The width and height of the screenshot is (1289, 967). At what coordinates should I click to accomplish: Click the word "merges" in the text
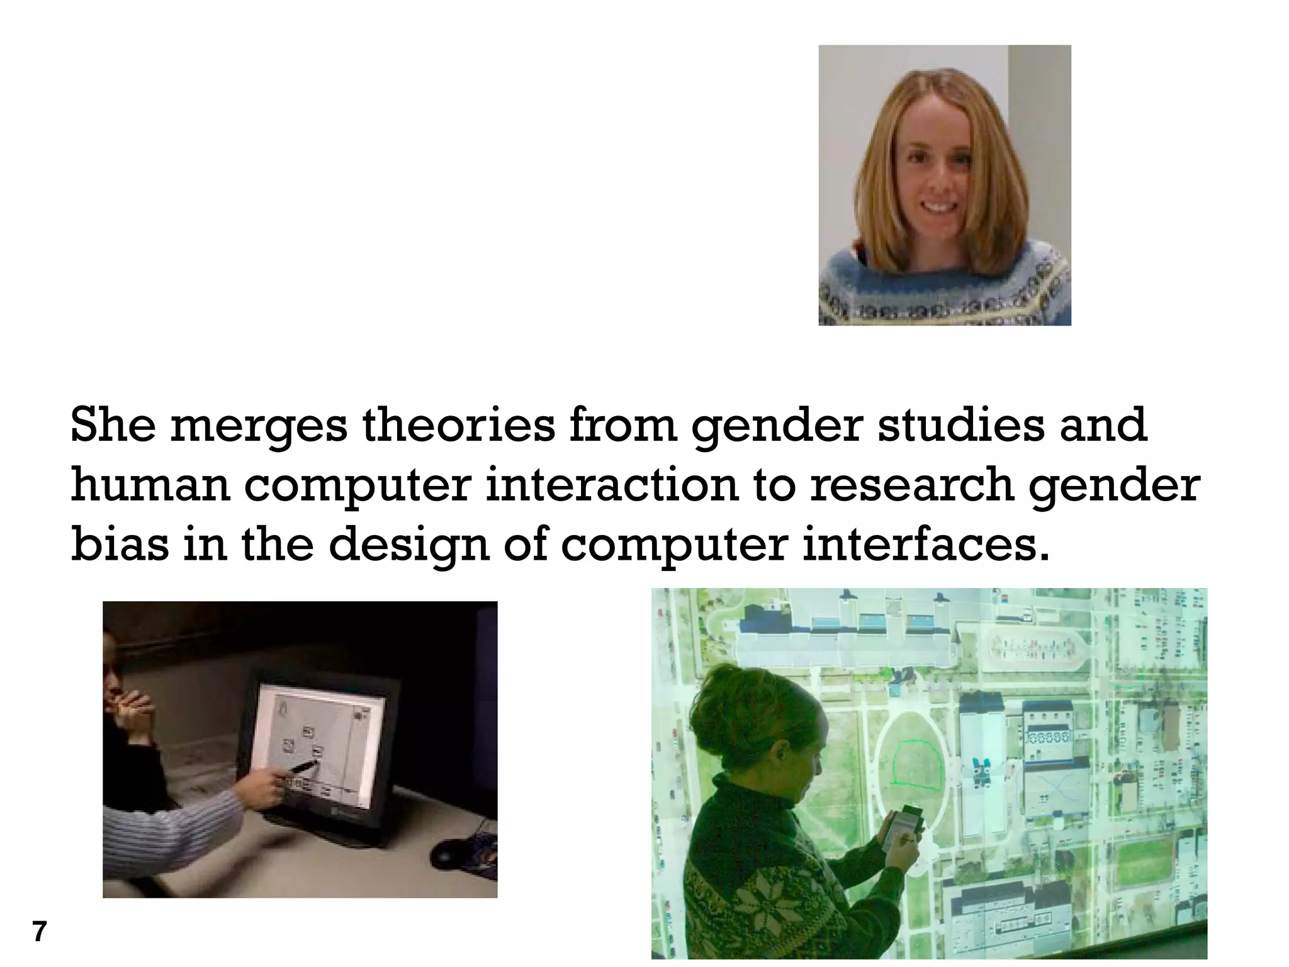[259, 427]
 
